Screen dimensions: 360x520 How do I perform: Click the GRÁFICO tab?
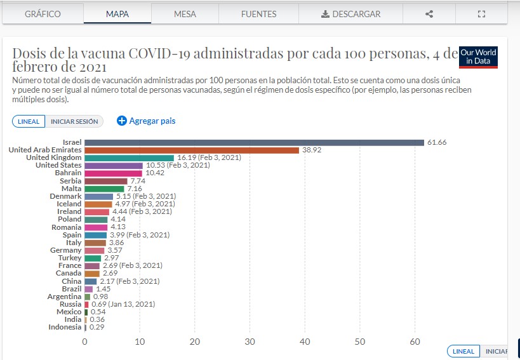click(x=43, y=14)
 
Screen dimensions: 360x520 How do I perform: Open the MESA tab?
click(x=185, y=14)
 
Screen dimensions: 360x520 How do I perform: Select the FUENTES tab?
click(x=258, y=14)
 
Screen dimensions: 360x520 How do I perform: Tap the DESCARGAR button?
click(x=351, y=14)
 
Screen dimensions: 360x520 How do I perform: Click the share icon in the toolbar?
click(x=429, y=14)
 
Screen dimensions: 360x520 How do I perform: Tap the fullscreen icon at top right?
click(x=481, y=14)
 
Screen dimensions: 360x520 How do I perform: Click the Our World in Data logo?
click(x=478, y=57)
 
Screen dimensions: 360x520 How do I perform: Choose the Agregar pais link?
click(x=146, y=121)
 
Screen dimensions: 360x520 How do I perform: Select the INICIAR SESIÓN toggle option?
click(x=74, y=121)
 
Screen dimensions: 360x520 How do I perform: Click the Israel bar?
click(x=254, y=142)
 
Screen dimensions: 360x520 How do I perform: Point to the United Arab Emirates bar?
click(x=192, y=150)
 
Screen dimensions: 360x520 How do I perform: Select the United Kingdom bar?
click(x=129, y=157)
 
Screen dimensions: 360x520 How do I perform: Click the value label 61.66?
click(x=436, y=142)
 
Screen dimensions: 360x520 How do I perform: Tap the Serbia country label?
click(x=71, y=181)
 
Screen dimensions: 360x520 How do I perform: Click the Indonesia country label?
click(x=65, y=327)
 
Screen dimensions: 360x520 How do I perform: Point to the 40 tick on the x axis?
click(x=305, y=342)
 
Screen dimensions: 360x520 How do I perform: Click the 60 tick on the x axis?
click(x=415, y=342)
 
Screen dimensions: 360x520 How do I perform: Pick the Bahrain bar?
click(x=113, y=173)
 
